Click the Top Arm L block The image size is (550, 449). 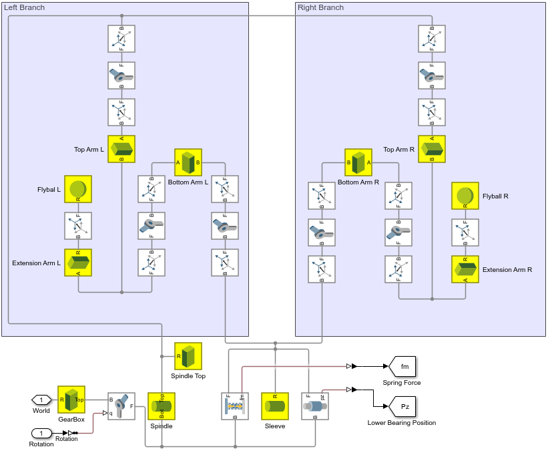pos(121,149)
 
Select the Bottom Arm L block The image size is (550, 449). pos(188,162)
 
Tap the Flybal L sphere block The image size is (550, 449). pos(78,189)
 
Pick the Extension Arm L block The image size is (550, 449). pos(78,263)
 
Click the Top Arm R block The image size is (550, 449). pos(432,149)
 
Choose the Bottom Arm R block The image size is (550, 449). pos(358,162)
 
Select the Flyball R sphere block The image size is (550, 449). pos(465,196)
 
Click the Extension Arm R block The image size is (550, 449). pos(465,269)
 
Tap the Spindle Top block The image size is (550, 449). pos(188,356)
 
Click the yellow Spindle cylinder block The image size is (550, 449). pos(162,406)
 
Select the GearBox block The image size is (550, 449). pos(71,400)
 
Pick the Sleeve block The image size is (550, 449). pos(275,406)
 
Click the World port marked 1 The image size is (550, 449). pos(41,400)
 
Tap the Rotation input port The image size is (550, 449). pos(41,433)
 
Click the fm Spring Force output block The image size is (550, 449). pos(404,366)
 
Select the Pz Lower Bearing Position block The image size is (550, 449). pos(404,406)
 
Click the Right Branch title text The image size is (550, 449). pos(321,7)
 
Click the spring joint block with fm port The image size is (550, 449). pos(235,406)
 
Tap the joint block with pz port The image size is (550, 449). pos(315,406)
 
